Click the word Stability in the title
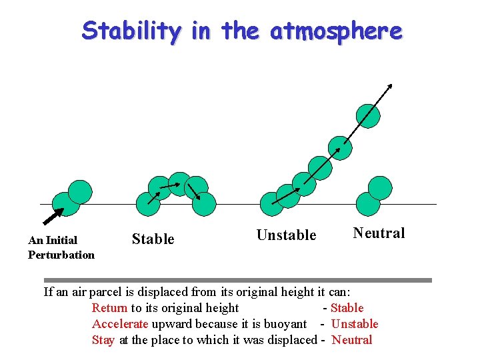131,31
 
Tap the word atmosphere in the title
336,31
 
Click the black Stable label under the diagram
153,239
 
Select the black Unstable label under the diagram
286,235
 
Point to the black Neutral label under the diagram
379,233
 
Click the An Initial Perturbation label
61,247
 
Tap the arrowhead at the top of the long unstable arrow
391,85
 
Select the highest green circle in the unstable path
368,116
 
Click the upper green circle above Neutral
380,188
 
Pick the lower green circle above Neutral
368,204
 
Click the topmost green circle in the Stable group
179,184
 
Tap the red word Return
109,308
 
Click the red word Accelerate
120,324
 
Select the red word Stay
103,340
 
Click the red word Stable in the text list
347,308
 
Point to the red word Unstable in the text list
354,324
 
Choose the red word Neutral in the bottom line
351,340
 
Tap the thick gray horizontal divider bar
237,281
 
